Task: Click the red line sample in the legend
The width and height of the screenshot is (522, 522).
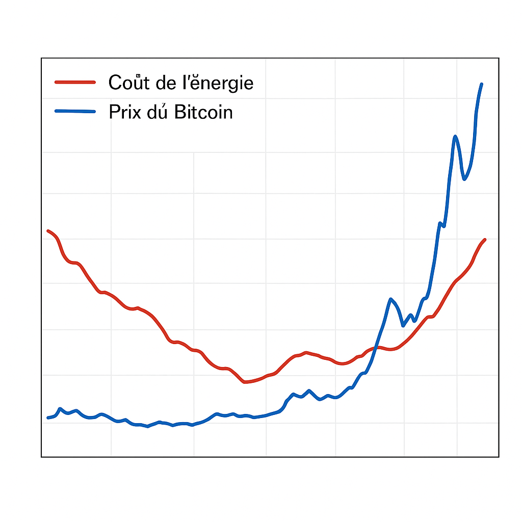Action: point(75,82)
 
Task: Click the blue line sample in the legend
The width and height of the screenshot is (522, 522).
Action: point(75,111)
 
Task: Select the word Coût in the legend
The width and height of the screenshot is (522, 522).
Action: point(126,83)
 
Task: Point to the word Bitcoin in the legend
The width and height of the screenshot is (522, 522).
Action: point(203,112)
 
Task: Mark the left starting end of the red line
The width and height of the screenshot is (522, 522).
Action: point(48,231)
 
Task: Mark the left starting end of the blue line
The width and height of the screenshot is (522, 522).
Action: point(48,417)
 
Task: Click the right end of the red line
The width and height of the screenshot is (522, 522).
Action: point(485,240)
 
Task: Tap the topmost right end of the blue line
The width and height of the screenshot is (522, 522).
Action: point(482,84)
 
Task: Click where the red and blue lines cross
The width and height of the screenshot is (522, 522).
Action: point(375,347)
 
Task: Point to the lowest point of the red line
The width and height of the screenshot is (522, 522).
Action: point(245,382)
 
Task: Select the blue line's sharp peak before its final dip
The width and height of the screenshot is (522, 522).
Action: point(455,136)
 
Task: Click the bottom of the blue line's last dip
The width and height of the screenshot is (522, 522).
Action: point(464,179)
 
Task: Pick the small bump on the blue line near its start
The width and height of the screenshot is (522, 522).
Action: point(60,409)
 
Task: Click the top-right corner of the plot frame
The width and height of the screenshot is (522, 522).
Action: point(499,59)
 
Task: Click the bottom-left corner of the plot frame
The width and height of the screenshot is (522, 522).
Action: point(42,456)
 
